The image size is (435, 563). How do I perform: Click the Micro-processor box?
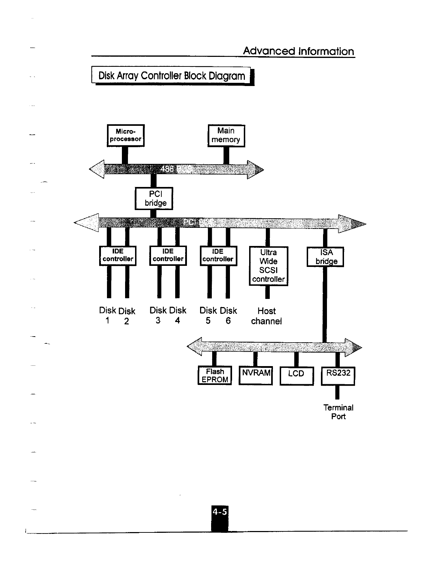pos(126,135)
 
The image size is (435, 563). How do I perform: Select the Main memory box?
pos(226,135)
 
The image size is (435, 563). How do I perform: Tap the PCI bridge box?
pos(154,198)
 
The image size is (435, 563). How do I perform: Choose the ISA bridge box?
pos(325,257)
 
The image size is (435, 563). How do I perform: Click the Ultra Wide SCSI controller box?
pos(268,266)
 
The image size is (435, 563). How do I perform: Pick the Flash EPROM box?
pos(215,375)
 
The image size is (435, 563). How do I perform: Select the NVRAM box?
pos(256,375)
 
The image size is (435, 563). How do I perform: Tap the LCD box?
pos(296,376)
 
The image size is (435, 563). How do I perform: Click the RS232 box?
pos(338,375)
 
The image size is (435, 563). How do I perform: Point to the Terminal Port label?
pos(338,412)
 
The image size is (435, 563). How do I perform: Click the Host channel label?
pos(267,316)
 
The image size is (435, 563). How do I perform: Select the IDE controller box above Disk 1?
pos(118,256)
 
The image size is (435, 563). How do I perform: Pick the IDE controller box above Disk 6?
pos(218,256)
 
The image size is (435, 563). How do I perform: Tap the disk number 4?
pos(177,321)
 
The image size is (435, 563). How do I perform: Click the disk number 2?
pos(127,321)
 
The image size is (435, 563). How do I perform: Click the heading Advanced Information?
pos(299,51)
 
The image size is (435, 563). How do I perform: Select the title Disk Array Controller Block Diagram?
pos(172,76)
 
